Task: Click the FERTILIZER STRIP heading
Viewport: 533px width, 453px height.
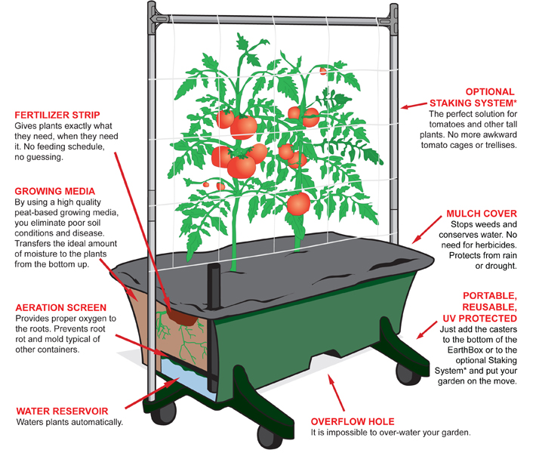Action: point(57,115)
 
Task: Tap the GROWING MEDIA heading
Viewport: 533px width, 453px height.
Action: point(54,191)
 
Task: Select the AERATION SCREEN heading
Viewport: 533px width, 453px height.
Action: point(61,307)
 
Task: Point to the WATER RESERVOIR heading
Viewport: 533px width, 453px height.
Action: point(62,411)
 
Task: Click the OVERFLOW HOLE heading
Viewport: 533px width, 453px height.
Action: point(353,422)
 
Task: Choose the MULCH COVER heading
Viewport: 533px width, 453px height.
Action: point(482,214)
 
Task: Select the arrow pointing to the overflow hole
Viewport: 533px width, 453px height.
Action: point(336,393)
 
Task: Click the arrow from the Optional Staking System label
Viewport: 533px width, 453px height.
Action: point(414,106)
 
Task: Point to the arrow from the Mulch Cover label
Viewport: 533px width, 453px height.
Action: point(427,230)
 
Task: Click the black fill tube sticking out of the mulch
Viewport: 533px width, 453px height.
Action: point(214,286)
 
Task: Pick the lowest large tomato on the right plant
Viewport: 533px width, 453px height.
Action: point(298,204)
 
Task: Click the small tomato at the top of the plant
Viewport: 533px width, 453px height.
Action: point(323,71)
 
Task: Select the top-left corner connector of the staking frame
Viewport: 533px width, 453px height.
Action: point(157,17)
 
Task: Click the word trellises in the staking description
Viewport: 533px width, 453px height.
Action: point(501,145)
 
